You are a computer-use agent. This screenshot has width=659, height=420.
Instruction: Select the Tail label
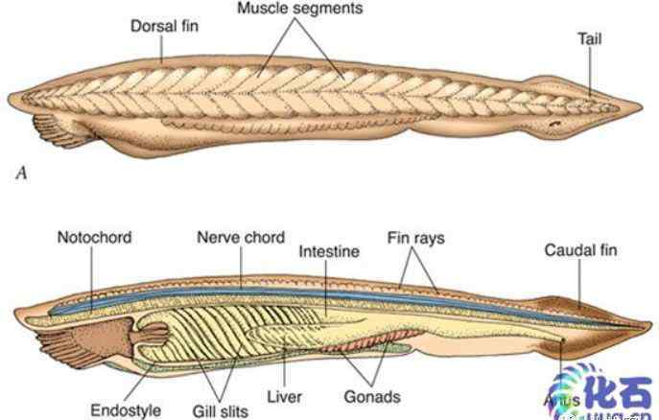click(590, 40)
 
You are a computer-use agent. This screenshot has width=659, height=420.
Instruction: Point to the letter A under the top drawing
click(19, 175)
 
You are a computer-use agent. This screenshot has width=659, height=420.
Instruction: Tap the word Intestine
click(329, 251)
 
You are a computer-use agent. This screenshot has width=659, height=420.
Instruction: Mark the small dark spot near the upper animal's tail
click(554, 125)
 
